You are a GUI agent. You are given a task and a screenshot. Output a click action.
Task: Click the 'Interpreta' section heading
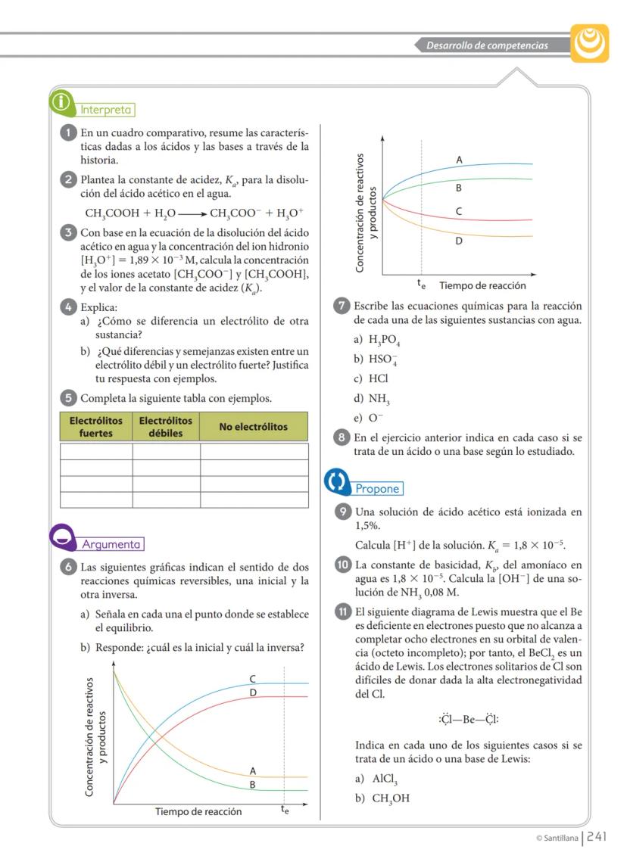(x=107, y=110)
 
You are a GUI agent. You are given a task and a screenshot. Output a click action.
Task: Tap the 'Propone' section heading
(x=376, y=489)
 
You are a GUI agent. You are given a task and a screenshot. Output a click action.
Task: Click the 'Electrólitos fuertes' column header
(x=95, y=427)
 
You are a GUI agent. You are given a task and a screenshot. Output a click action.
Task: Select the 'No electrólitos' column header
(x=253, y=427)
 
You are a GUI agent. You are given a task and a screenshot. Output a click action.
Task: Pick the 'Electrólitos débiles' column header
(x=166, y=427)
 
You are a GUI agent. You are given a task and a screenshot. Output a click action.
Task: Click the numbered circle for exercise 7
(x=342, y=306)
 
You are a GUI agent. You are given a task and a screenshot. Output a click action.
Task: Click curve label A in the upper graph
(x=459, y=160)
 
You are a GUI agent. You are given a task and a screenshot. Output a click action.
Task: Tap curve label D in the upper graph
(x=458, y=241)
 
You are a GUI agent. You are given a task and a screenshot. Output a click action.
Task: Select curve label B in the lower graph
(x=253, y=785)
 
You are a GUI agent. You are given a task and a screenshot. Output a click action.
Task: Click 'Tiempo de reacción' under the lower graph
(x=198, y=812)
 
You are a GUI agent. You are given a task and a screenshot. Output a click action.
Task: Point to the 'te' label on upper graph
(x=421, y=285)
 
